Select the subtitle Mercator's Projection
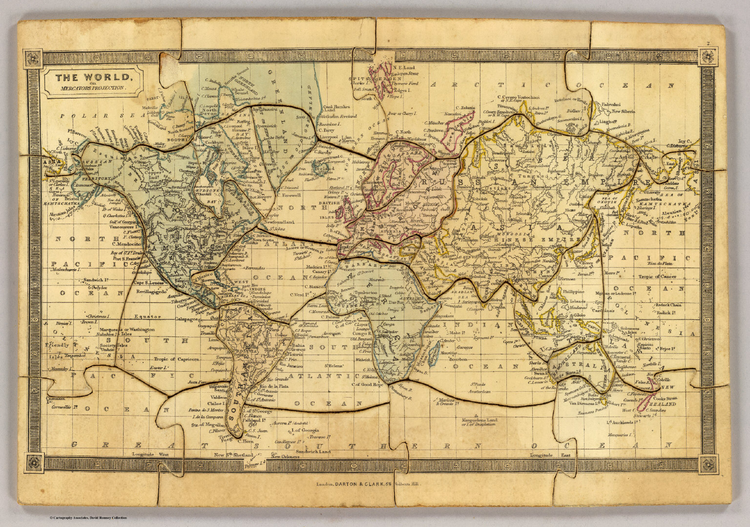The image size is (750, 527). [x=92, y=88]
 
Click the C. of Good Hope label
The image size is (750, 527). [x=368, y=384]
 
